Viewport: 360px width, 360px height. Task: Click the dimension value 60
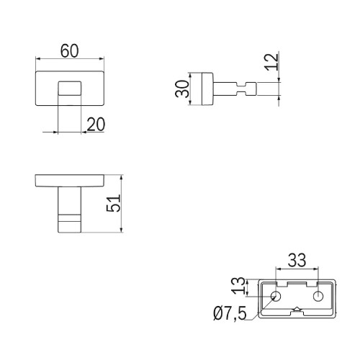tap(69, 51)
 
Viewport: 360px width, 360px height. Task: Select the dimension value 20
tap(96, 125)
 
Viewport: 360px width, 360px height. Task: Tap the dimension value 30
tap(182, 89)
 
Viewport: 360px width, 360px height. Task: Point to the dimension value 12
tap(271, 62)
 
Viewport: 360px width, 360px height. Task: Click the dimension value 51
tap(113, 203)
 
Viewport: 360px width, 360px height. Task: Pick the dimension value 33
tap(297, 260)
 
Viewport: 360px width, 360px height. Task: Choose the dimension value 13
tap(238, 286)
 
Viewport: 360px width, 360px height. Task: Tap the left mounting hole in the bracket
tap(276, 296)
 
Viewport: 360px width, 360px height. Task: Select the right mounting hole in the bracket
tap(318, 296)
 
